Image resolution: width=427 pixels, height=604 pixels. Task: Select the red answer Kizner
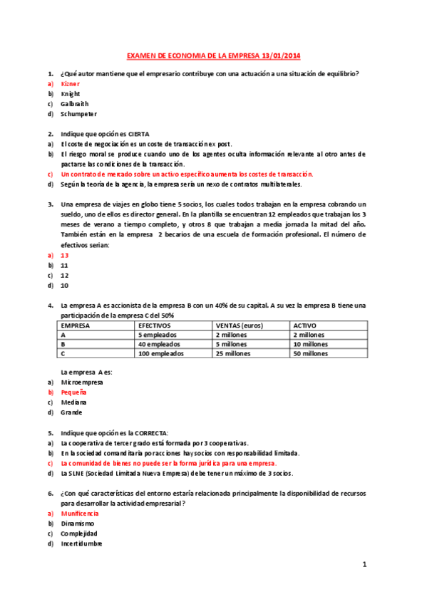(71, 84)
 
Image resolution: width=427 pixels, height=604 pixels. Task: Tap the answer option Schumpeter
(78, 114)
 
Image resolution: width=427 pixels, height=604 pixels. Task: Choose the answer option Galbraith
(75, 104)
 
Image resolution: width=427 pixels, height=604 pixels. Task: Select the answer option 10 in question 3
(64, 285)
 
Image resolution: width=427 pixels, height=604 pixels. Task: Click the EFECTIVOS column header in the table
(155, 325)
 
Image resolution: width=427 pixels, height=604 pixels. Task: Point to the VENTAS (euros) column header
(239, 325)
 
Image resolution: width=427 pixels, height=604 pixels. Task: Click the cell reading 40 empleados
(159, 343)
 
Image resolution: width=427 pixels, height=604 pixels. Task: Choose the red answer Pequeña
(74, 392)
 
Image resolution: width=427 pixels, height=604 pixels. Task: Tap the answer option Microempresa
(82, 382)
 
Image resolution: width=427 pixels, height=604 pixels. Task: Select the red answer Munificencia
(80, 513)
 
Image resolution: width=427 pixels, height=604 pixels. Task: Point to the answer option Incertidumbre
(81, 543)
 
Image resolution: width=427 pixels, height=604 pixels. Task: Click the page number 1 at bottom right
(364, 565)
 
